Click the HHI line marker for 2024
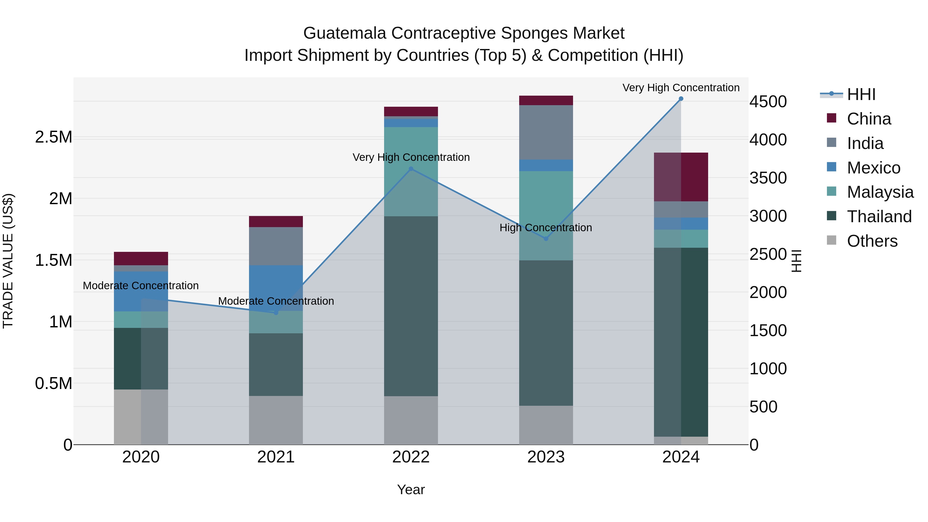coord(681,99)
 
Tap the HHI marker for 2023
coord(546,238)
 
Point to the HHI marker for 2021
coord(276,313)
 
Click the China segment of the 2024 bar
coord(681,177)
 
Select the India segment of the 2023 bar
coord(546,132)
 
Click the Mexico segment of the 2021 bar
coord(276,285)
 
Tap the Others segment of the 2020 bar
coord(141,417)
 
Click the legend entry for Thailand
coord(879,217)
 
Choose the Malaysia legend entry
coord(880,192)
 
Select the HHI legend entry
coord(861,94)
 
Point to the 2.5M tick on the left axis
coord(53,137)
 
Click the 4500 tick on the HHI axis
coord(768,102)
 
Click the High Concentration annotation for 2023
coord(545,228)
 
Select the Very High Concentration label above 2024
coord(681,88)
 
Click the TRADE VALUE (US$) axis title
coord(8,261)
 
